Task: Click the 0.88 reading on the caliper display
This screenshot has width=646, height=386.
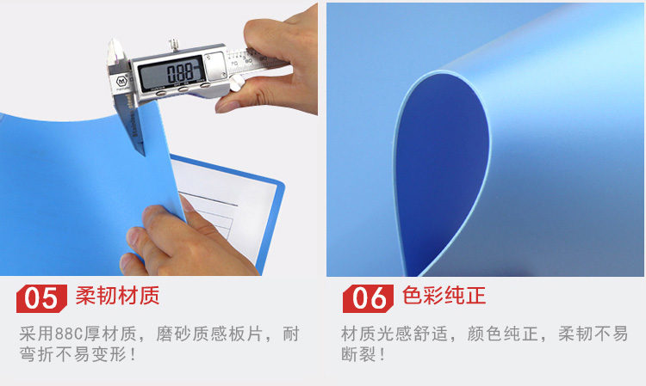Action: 180,72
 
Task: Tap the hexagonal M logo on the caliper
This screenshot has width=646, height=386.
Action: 121,81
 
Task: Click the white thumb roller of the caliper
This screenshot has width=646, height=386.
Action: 236,83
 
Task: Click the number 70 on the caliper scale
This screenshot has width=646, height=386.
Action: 234,64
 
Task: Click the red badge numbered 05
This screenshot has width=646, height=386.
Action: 41,298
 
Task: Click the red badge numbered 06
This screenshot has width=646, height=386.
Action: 368,298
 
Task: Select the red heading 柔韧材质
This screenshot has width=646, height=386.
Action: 117,296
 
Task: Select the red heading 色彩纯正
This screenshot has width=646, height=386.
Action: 444,296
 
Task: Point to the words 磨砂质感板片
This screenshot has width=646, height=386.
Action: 209,334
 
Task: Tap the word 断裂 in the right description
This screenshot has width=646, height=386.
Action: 358,354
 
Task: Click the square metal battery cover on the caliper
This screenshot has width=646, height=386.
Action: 215,66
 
